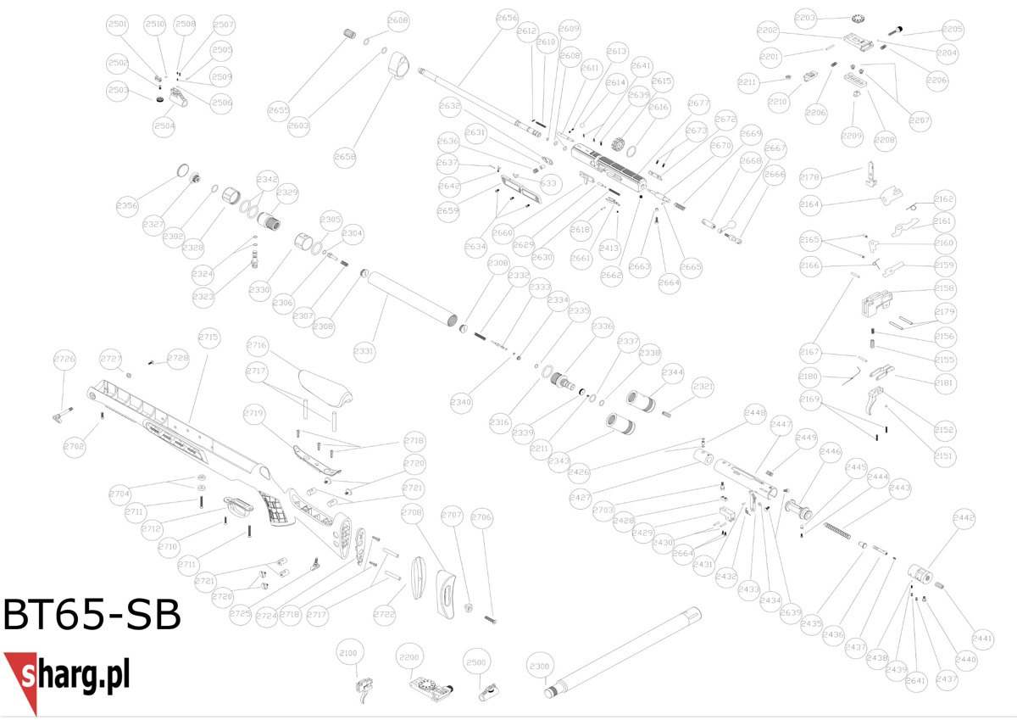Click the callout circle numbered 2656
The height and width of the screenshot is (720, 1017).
507,18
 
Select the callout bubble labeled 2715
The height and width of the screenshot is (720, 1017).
208,338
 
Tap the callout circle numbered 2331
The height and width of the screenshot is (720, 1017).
364,350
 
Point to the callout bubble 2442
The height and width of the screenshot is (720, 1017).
964,517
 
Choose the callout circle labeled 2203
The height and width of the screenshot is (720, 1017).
805,17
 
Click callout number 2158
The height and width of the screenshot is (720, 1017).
944,288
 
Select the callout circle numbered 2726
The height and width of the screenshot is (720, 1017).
64,358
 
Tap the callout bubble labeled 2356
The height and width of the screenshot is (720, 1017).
127,205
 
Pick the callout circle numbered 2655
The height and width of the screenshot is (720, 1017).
278,110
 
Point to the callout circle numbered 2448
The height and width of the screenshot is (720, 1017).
754,413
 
